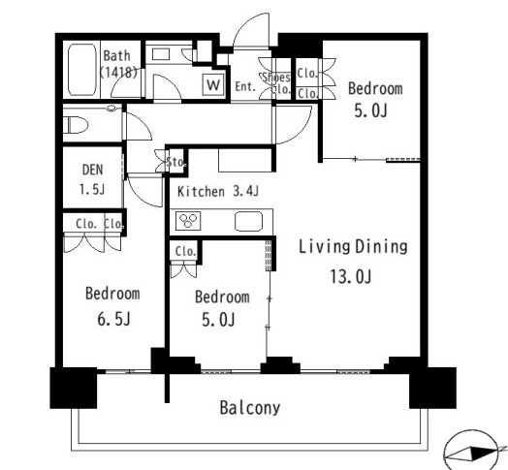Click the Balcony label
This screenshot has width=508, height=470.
(250, 408)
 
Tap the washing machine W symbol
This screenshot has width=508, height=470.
(213, 85)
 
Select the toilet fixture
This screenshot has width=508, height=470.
(76, 125)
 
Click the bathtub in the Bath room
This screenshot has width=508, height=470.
(82, 70)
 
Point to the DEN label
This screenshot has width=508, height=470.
(93, 170)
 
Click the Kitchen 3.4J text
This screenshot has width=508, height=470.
(218, 192)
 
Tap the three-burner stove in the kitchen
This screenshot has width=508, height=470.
(188, 221)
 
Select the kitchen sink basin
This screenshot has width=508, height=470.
(248, 221)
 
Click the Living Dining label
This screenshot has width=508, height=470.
(353, 247)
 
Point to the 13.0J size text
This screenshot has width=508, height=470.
(351, 276)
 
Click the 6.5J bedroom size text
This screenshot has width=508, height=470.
(113, 319)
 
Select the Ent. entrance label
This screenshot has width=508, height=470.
(245, 86)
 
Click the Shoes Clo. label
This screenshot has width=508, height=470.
(276, 83)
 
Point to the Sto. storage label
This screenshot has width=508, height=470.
(175, 162)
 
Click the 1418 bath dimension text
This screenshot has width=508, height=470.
(118, 73)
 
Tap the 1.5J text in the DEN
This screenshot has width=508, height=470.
(92, 189)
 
